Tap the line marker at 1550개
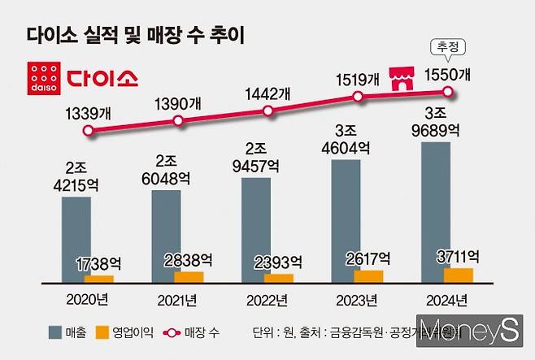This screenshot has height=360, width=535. click(458, 93)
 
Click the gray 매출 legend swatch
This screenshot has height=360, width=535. click(56, 332)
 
